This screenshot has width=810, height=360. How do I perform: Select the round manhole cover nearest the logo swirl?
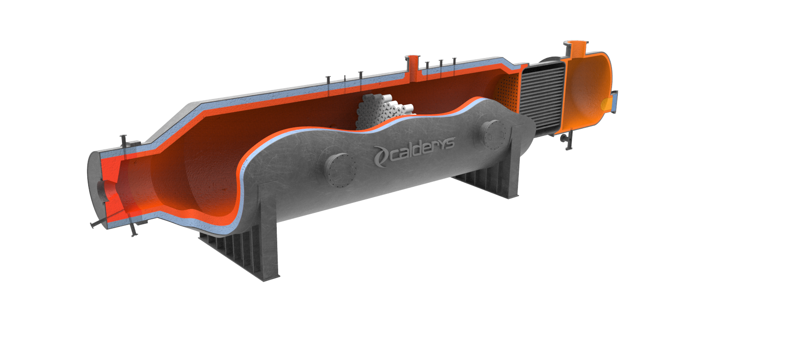tap(341, 170)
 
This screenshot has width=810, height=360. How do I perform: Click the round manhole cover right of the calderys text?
tap(493, 134)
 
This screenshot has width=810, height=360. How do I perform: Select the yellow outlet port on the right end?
tap(607, 105)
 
